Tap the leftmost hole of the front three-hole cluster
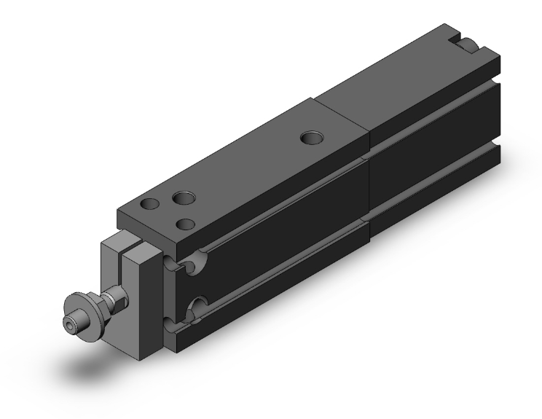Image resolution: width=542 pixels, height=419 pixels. [x=151, y=206]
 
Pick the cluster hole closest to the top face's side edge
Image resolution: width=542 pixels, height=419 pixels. [x=188, y=224]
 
